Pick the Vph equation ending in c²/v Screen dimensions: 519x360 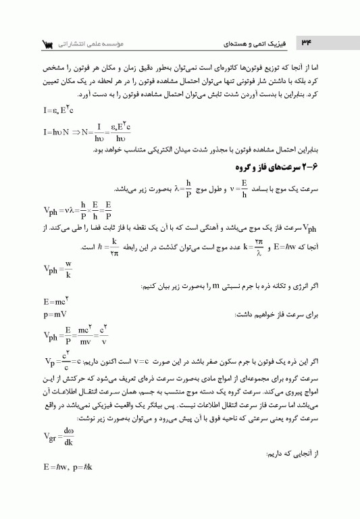point(75,335)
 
